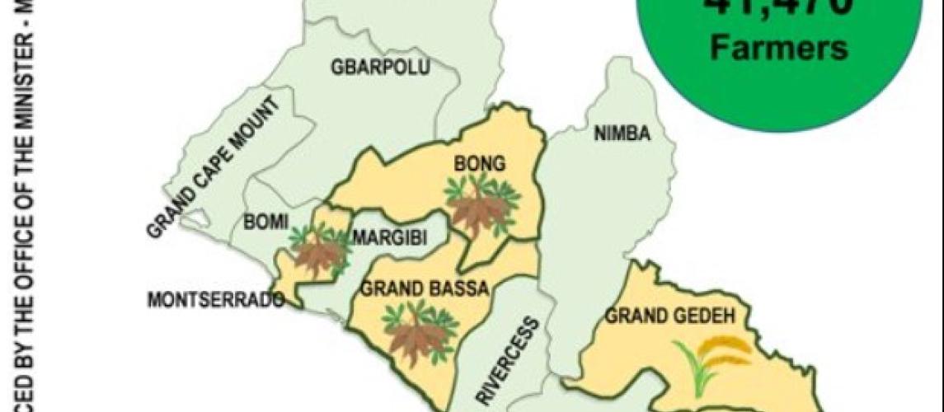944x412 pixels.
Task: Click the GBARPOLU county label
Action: [380, 68]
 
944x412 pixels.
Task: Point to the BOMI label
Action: [265, 222]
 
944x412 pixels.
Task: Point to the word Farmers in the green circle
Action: [778, 48]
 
